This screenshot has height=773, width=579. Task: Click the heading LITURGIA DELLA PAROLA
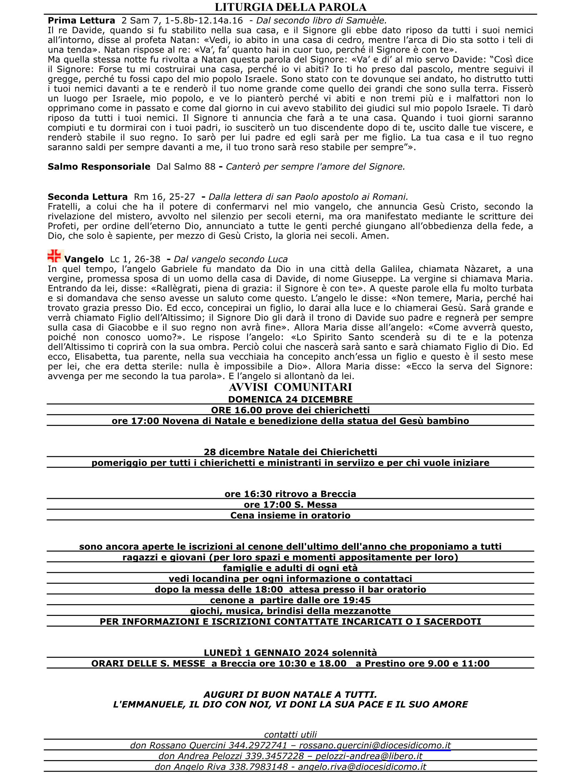click(x=290, y=7)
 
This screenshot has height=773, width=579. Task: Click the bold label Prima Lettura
click(x=81, y=21)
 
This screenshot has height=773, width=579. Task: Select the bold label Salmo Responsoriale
click(x=99, y=167)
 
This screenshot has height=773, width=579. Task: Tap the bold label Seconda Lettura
click(x=88, y=197)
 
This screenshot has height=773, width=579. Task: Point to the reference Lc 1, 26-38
click(x=135, y=259)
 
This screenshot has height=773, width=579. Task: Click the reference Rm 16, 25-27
click(x=164, y=197)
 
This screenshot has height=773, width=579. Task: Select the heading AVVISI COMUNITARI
click(x=290, y=387)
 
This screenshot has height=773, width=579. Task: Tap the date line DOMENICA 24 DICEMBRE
click(x=290, y=399)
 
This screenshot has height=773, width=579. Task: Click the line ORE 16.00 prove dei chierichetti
click(x=290, y=410)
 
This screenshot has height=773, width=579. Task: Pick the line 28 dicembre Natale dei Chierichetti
click(x=290, y=452)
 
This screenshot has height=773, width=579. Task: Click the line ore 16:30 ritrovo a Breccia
click(x=290, y=494)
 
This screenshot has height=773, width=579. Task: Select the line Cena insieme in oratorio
click(x=290, y=515)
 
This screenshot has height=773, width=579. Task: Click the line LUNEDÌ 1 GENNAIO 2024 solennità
click(x=290, y=653)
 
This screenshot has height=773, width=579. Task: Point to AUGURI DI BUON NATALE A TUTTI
click(x=290, y=695)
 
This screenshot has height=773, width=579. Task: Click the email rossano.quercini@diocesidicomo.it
click(x=375, y=745)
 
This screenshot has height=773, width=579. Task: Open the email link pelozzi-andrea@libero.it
click(x=369, y=756)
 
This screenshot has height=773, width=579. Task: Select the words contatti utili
click(x=290, y=735)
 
